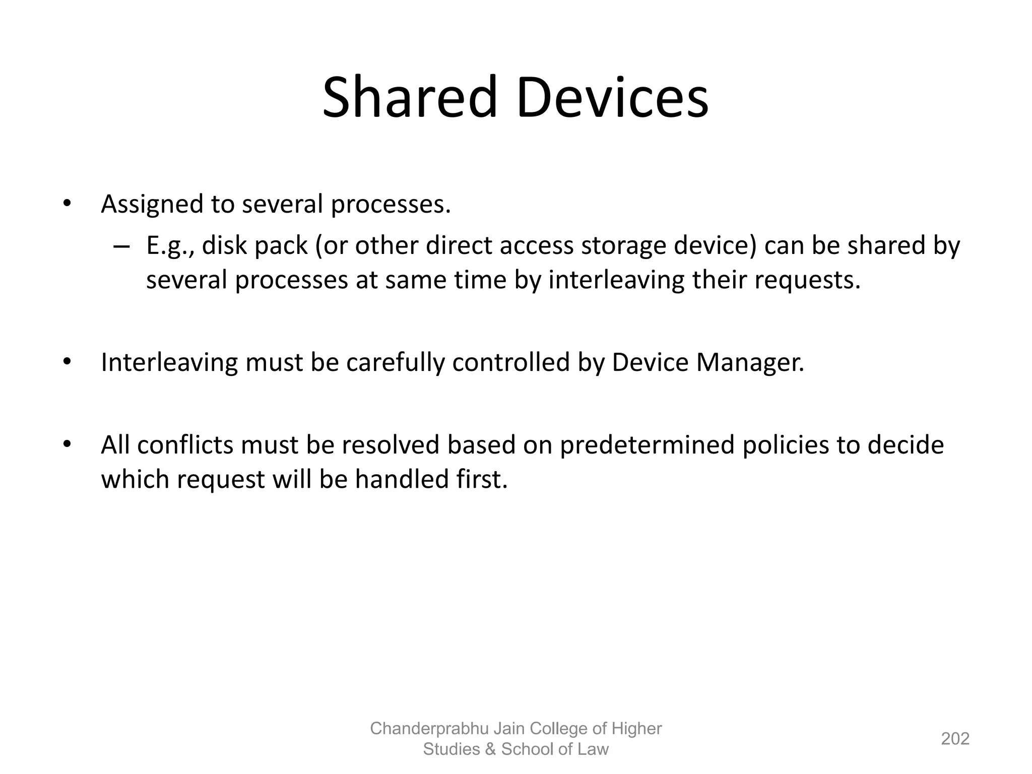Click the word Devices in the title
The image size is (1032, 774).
612,97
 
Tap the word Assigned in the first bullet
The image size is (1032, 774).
151,205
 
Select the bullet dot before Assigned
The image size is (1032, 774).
66,204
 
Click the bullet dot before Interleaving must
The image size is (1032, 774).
66,362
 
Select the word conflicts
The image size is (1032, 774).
185,445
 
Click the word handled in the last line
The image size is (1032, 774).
402,479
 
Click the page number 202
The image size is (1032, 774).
955,739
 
